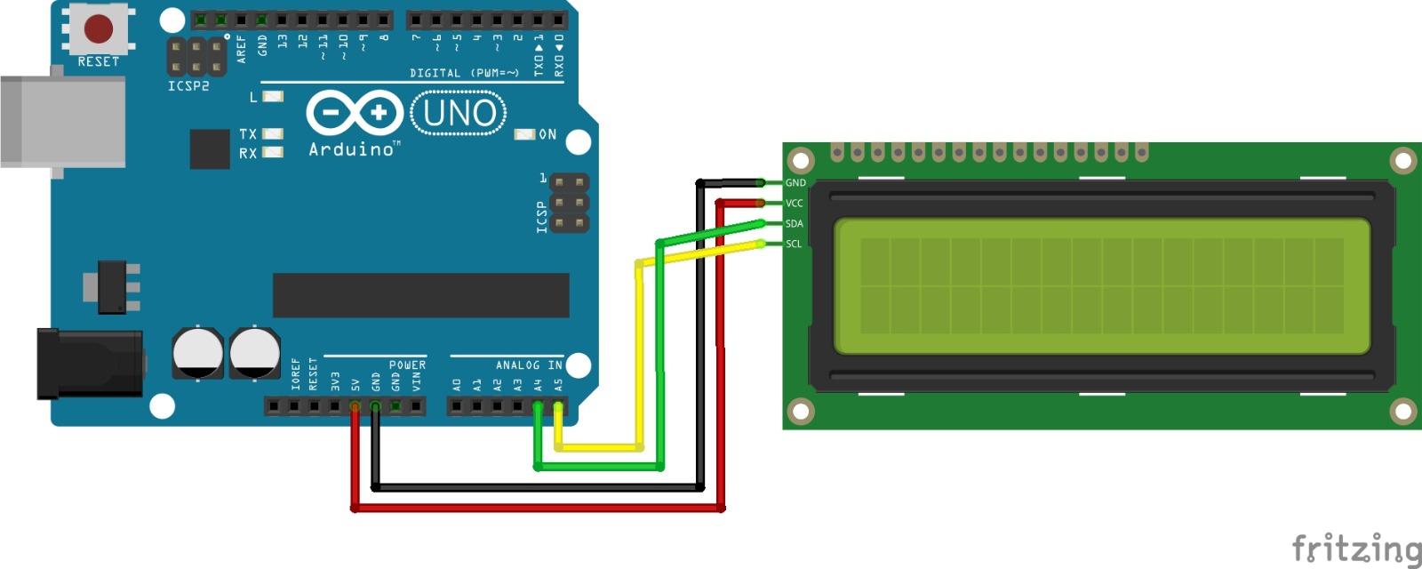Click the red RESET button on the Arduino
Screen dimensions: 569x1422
click(x=98, y=28)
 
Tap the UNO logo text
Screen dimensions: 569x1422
click(x=459, y=114)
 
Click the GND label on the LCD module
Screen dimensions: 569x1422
click(x=795, y=183)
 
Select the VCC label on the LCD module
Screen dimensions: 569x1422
click(x=795, y=204)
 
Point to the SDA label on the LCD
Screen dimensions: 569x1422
click(x=795, y=224)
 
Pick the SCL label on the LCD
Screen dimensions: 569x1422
click(x=794, y=244)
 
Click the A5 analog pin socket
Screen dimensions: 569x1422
click(x=558, y=407)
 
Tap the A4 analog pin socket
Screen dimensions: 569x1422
click(x=538, y=407)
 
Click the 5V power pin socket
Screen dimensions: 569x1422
click(x=355, y=407)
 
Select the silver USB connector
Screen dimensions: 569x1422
click(x=62, y=122)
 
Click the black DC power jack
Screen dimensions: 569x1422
click(x=89, y=364)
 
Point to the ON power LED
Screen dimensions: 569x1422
click(x=524, y=134)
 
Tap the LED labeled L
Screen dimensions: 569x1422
click(x=273, y=96)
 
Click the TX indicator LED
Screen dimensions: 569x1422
click(x=273, y=134)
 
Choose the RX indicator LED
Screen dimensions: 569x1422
click(x=273, y=152)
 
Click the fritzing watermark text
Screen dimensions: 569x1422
click(x=1356, y=549)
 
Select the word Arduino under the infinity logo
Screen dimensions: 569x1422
click(x=352, y=149)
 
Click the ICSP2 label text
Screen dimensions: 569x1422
click(x=188, y=86)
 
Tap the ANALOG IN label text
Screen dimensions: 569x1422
click(x=529, y=365)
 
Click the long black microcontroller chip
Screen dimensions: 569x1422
click(x=420, y=295)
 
